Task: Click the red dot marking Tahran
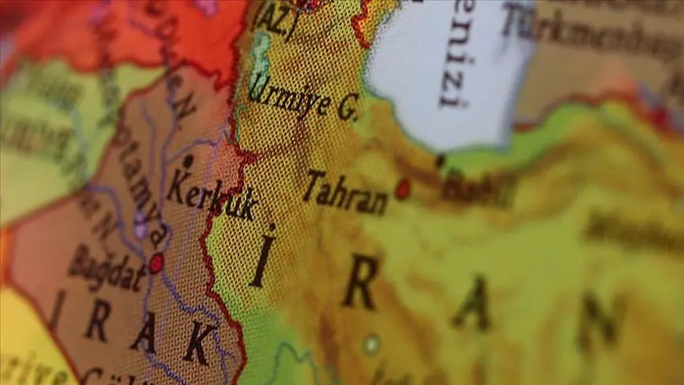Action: click(x=402, y=189)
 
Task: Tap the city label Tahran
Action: click(x=345, y=192)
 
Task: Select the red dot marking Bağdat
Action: click(x=156, y=263)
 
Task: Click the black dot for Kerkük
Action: click(x=187, y=161)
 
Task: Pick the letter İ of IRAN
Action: click(x=262, y=256)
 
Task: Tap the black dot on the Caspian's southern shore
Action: click(x=440, y=161)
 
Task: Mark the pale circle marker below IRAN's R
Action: click(x=370, y=345)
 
